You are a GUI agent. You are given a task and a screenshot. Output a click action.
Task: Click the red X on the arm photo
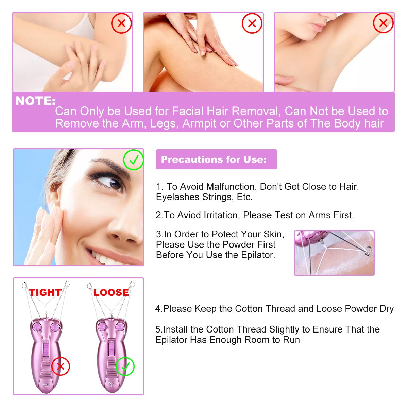[121, 23]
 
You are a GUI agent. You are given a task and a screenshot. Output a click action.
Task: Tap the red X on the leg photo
[252, 23]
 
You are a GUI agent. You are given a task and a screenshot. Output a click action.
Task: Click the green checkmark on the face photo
[134, 160]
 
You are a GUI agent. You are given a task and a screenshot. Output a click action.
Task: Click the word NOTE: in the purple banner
[35, 101]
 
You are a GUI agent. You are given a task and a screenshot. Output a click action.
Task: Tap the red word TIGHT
[45, 292]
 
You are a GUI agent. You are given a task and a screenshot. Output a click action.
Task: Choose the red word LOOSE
[111, 292]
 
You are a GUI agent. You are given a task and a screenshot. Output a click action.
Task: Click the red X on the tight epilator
[61, 366]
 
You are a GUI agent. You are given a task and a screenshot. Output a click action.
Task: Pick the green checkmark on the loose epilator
[125, 367]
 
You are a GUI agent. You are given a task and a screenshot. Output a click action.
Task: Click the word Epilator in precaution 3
[257, 255]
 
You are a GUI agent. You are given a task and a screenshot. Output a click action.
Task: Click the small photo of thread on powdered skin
[334, 253]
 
